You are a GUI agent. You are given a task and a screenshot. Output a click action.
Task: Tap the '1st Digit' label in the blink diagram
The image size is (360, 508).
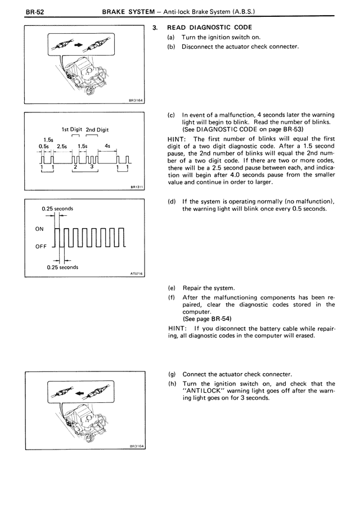pos(73,129)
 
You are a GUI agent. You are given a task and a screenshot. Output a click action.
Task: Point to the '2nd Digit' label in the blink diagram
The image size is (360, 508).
pos(97,129)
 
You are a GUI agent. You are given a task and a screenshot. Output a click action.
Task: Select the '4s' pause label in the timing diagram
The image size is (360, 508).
pos(107,146)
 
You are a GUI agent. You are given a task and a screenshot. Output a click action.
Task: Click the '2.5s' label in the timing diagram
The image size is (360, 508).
pos(62,146)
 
